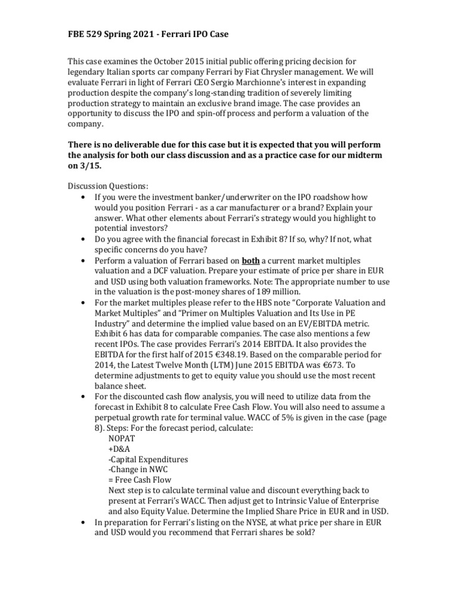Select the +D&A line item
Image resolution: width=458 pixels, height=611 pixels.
coord(119,449)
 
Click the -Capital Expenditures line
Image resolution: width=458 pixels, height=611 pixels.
coord(148,459)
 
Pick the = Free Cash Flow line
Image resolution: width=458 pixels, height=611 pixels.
coord(140,480)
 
